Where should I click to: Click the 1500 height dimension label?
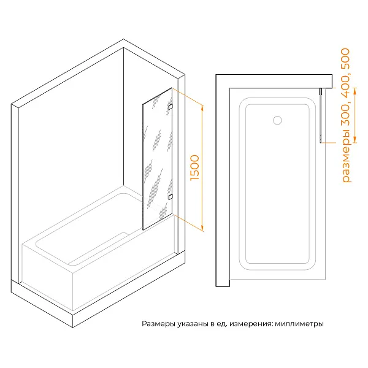click(196, 167)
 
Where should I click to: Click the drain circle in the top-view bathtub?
click(277, 120)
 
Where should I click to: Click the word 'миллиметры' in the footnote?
click(299, 324)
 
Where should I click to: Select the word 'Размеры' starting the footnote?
click(157, 324)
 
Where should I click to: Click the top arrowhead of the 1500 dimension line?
click(202, 104)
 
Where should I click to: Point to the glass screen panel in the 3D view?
click(156, 159)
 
